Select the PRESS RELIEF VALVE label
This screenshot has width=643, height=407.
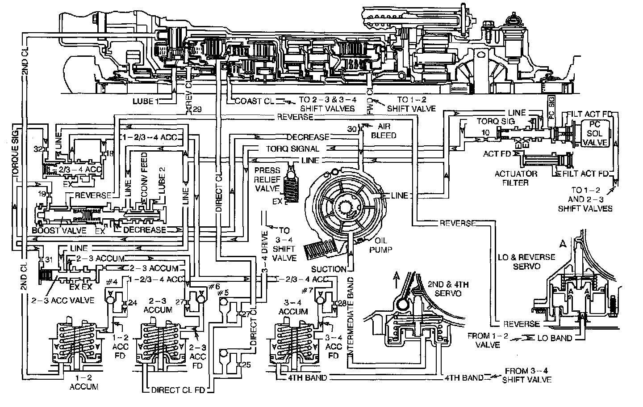click(267, 179)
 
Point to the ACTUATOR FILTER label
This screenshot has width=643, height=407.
click(515, 178)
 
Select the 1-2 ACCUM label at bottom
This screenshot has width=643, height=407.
click(84, 383)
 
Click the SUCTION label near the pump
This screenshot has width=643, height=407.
click(329, 269)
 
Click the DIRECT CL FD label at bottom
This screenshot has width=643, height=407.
click(178, 390)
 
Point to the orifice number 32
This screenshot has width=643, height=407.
click(38, 148)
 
